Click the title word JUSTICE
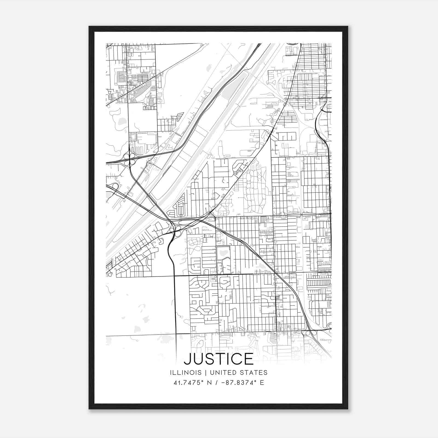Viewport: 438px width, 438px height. (x=218, y=359)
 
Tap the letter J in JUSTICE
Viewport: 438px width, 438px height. (x=188, y=359)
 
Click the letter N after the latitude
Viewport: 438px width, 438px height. (x=210, y=383)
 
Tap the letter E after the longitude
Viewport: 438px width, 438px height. (x=262, y=383)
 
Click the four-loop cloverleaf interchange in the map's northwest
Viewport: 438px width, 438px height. (x=129, y=159)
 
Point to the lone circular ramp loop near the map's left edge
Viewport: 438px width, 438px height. (x=115, y=186)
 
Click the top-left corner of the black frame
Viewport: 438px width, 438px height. (x=89, y=27)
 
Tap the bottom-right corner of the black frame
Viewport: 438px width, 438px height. (x=348, y=409)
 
